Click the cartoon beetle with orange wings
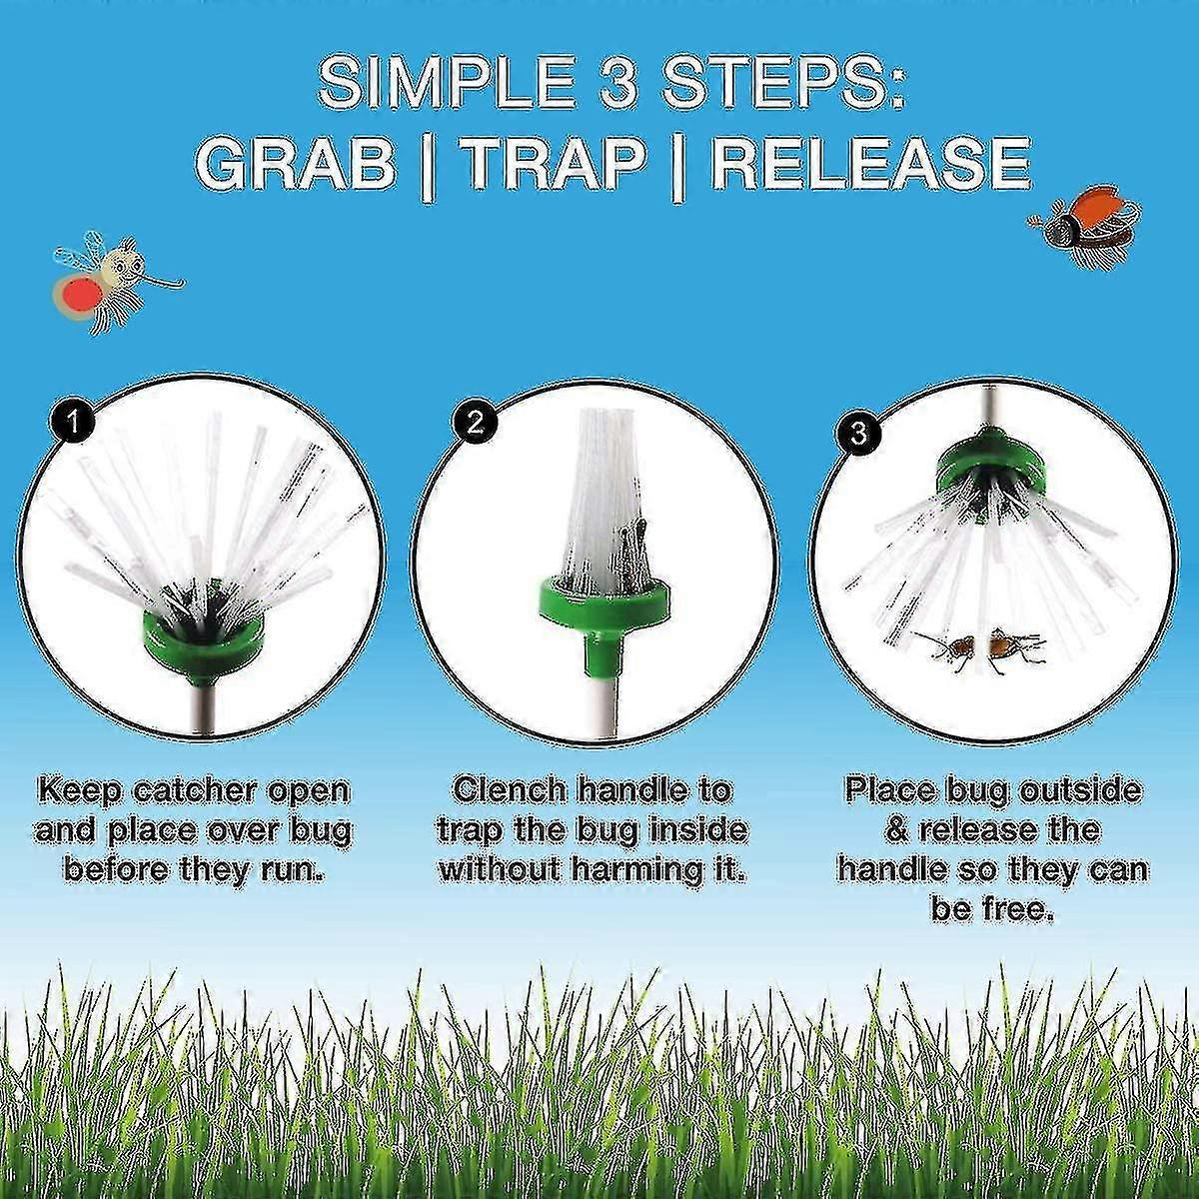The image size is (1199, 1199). point(1086,226)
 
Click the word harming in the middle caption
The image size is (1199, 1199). point(639,869)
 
